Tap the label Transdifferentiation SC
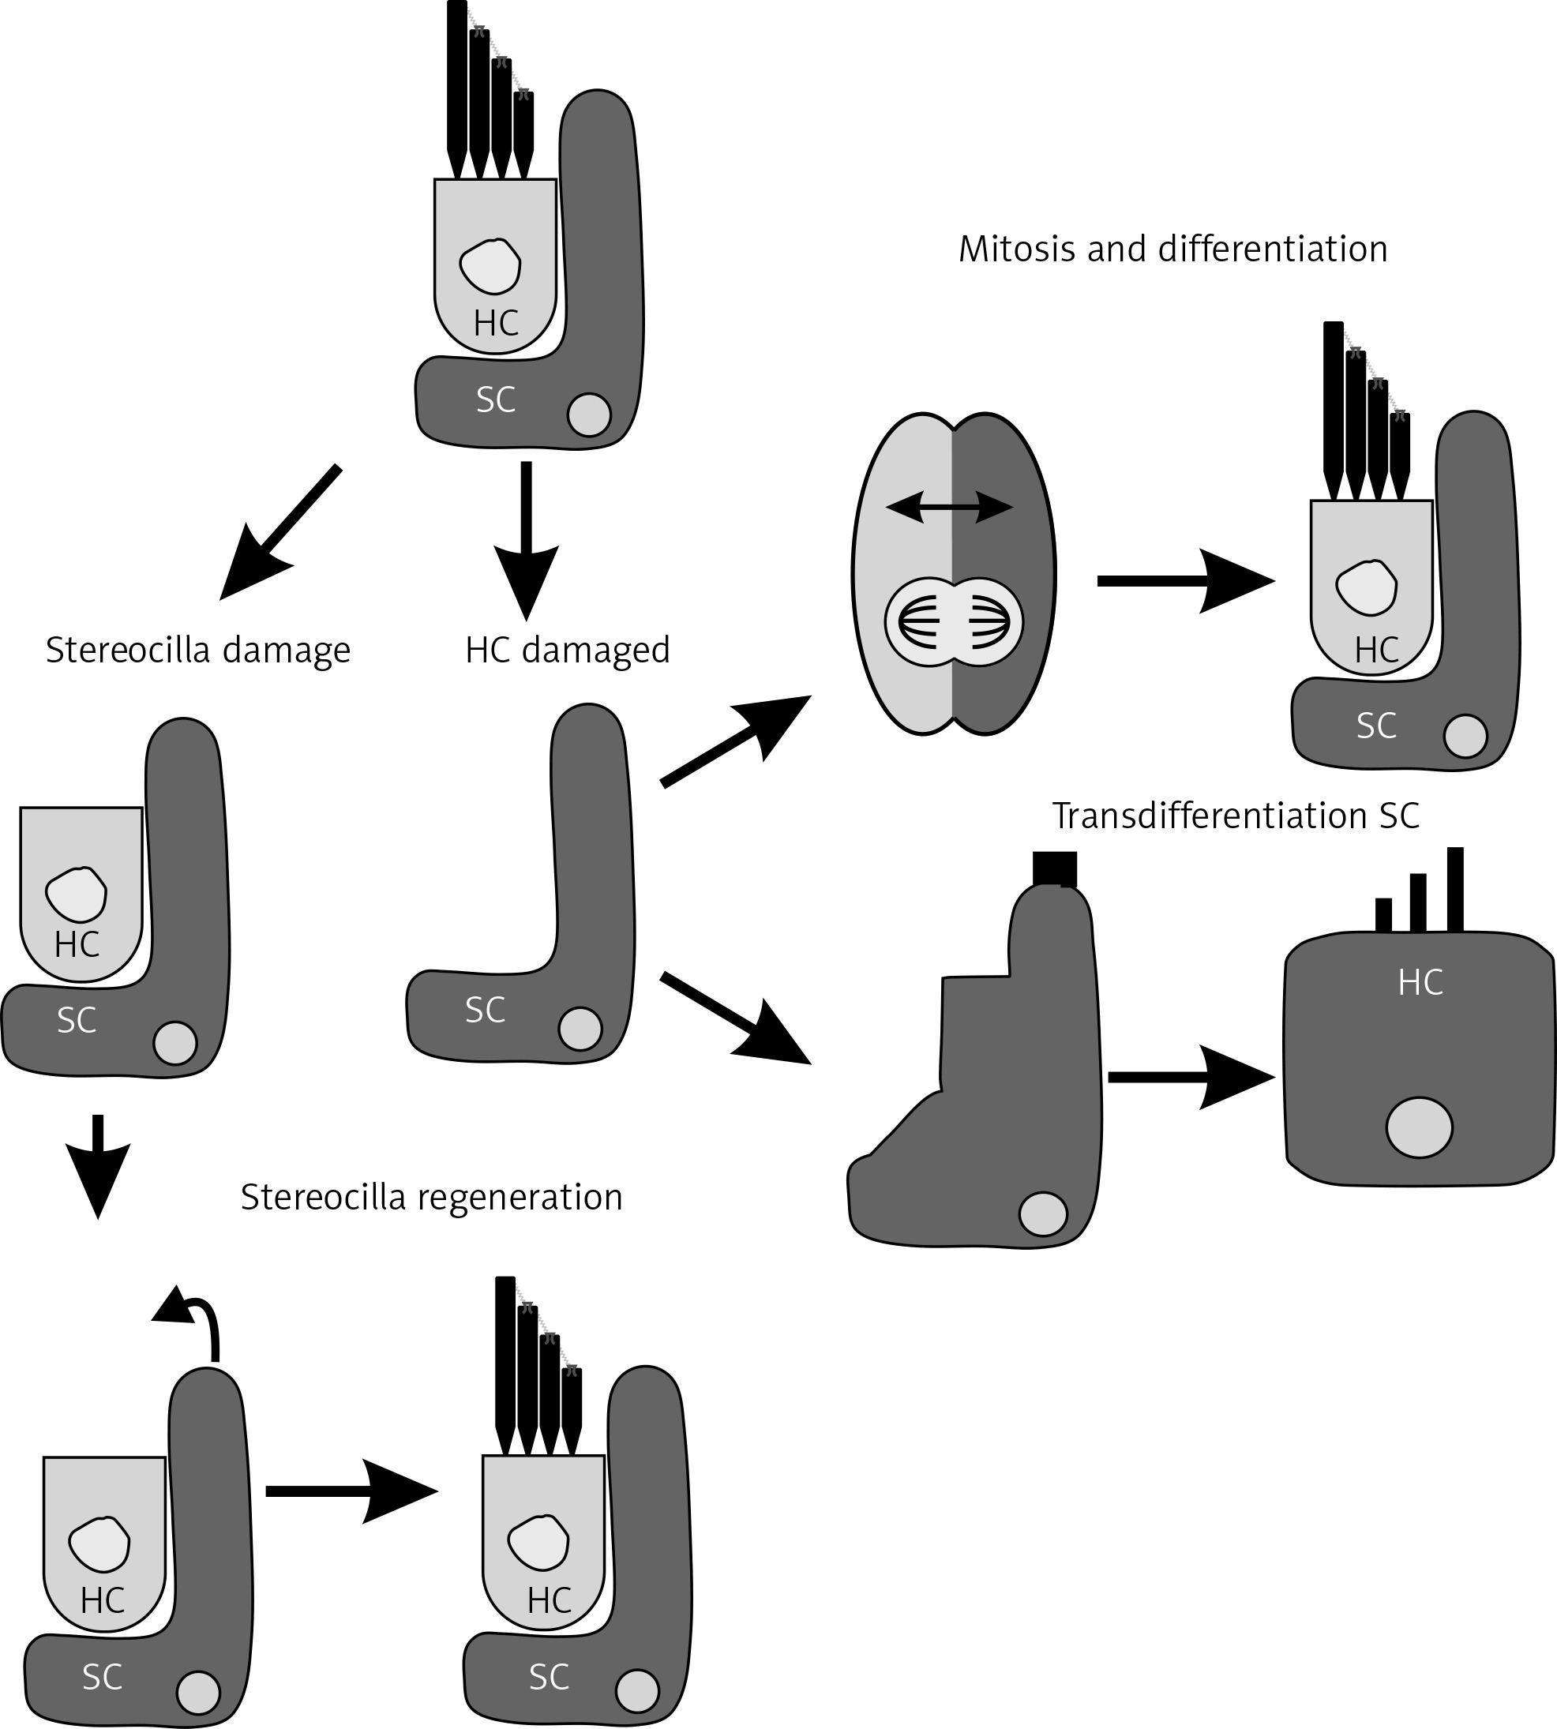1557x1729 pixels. click(x=1236, y=816)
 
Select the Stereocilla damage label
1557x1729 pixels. click(x=197, y=651)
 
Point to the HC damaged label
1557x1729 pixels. click(x=567, y=651)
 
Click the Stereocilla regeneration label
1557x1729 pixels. click(x=431, y=1197)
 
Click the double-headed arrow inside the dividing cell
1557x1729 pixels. click(x=950, y=508)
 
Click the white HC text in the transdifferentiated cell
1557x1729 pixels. click(x=1420, y=983)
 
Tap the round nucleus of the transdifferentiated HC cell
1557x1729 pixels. click(x=1420, y=1127)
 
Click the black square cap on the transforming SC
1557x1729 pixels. click(x=1054, y=868)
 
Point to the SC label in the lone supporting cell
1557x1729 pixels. click(x=484, y=1011)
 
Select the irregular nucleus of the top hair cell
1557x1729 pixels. click(x=490, y=266)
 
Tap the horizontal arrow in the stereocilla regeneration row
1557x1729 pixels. click(x=351, y=1491)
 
